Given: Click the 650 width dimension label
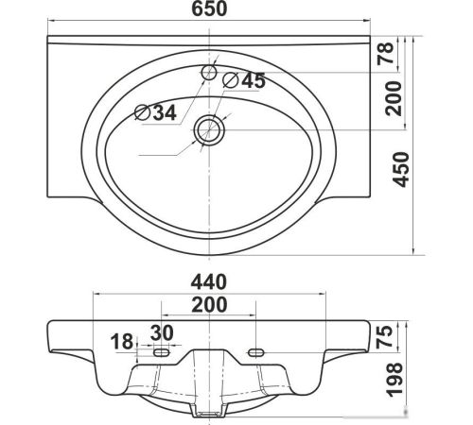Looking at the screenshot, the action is (x=209, y=9).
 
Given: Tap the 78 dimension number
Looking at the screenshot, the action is (x=386, y=53).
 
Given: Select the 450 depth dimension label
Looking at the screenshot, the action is (x=400, y=170).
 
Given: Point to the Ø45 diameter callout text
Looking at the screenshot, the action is (x=244, y=80).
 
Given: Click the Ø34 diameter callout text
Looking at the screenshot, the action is (x=155, y=112).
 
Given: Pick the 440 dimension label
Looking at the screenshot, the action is (x=209, y=281).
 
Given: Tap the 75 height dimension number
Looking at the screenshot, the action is (x=385, y=336).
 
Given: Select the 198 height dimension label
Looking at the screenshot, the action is (x=394, y=380).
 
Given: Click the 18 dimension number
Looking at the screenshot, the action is (x=122, y=342).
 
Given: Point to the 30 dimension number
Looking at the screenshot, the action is (x=162, y=332).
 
